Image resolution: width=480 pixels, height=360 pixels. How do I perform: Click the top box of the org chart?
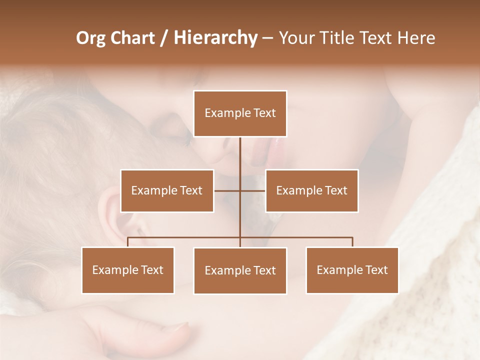240,113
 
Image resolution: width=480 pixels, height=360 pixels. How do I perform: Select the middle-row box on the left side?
167,190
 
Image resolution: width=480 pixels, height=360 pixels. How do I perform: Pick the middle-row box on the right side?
311,190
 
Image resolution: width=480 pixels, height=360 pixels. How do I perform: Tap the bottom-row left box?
128,270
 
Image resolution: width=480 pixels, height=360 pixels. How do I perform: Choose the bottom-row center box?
240,270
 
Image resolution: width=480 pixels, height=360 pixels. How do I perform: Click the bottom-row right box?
352,270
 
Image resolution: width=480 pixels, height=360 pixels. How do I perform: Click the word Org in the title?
90,38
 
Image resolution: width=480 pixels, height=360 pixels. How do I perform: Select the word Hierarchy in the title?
215,38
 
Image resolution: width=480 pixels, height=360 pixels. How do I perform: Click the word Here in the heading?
416,38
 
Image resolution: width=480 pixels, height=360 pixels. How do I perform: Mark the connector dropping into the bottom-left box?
128,242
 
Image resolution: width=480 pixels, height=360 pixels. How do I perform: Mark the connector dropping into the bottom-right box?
352,242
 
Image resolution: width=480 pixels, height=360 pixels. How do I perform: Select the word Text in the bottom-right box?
376,270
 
